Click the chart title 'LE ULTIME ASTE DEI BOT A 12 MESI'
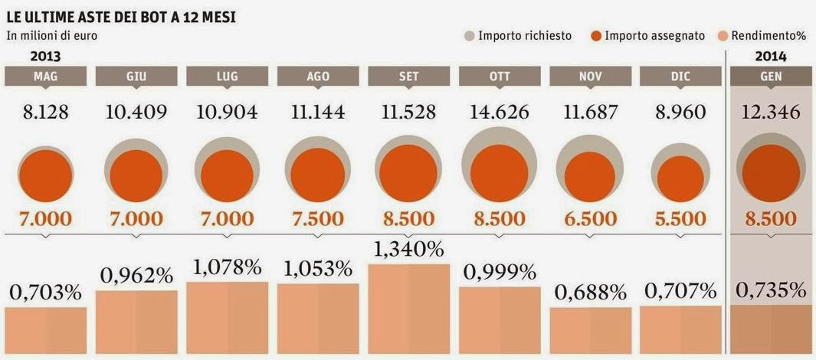[x=123, y=15]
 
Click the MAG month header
[x=45, y=76]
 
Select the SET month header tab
[x=408, y=76]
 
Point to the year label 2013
[x=45, y=56]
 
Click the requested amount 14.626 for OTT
[x=500, y=112]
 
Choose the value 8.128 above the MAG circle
[x=45, y=112]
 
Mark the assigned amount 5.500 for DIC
[x=680, y=218]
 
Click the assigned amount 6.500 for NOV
[x=590, y=218]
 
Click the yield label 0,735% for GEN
[x=771, y=290]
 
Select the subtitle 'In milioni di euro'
[x=52, y=35]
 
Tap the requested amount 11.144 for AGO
[x=318, y=112]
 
